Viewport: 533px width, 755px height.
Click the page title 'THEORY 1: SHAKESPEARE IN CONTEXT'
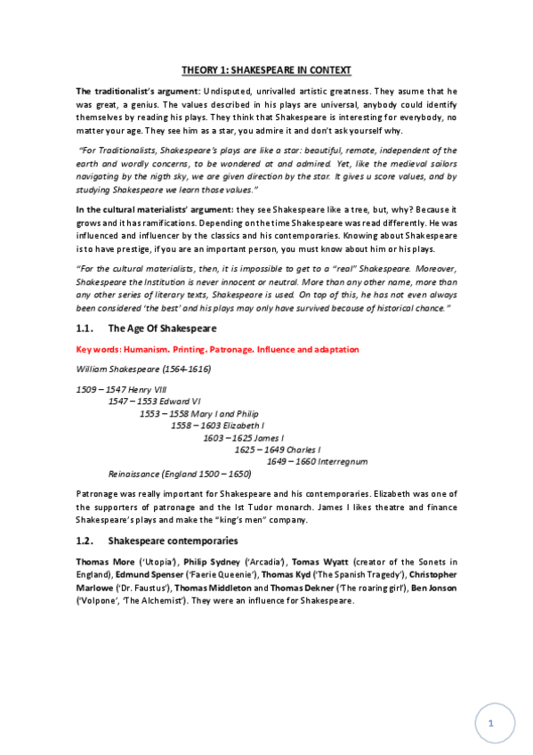point(266,69)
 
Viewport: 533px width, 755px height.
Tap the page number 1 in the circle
point(490,725)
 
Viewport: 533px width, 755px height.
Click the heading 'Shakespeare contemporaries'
point(173,541)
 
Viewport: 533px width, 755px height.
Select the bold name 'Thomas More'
point(105,562)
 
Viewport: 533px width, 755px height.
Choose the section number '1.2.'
point(85,541)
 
